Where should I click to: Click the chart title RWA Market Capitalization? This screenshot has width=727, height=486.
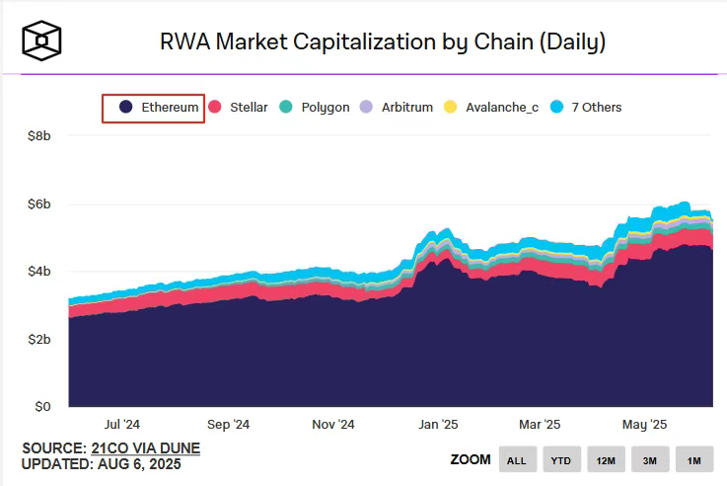click(x=382, y=41)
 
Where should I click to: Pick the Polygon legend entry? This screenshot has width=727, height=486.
click(x=316, y=107)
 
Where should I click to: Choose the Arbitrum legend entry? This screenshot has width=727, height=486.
click(x=398, y=107)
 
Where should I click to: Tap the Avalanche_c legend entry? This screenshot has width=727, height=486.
click(x=494, y=107)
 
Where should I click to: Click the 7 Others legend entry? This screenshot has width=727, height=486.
click(x=587, y=107)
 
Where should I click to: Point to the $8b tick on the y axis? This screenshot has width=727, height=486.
click(x=38, y=135)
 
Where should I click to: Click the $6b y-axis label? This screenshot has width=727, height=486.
click(x=38, y=203)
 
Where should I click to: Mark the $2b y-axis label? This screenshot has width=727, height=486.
click(x=38, y=339)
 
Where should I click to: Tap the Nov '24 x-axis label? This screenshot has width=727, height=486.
click(x=332, y=424)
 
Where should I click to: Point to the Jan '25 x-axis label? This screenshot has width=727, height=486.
click(x=437, y=424)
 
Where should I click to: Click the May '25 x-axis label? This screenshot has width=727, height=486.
click(x=645, y=424)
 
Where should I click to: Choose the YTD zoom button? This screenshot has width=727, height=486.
click(x=561, y=460)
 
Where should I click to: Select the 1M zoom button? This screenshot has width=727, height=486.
click(x=694, y=460)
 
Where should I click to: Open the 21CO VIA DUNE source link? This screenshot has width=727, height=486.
click(x=146, y=448)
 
